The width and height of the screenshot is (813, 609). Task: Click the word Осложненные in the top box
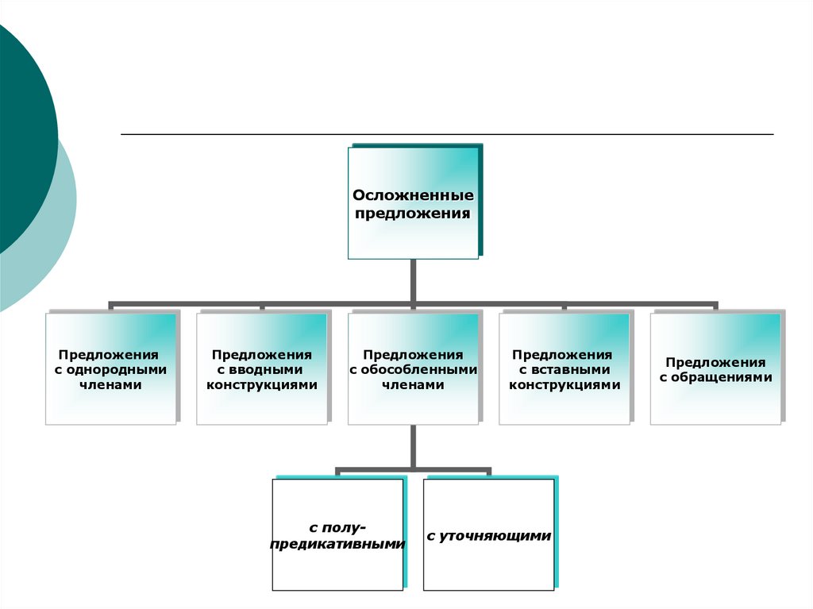pyautogui.click(x=413, y=195)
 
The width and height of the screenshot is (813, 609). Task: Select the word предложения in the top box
pyautogui.click(x=413, y=213)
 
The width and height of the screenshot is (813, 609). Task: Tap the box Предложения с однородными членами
pyautogui.click(x=110, y=369)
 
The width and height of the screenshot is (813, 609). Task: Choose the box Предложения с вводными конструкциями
pyautogui.click(x=262, y=369)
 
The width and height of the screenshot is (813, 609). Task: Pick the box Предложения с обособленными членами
pyautogui.click(x=413, y=369)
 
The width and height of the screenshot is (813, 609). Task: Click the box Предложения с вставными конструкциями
pyautogui.click(x=564, y=369)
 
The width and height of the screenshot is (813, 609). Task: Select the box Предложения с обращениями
pyautogui.click(x=715, y=369)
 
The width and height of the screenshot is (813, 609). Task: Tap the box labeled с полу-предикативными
pyautogui.click(x=338, y=534)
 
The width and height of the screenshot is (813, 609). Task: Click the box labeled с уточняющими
pyautogui.click(x=489, y=534)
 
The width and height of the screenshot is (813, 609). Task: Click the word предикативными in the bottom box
pyautogui.click(x=338, y=545)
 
